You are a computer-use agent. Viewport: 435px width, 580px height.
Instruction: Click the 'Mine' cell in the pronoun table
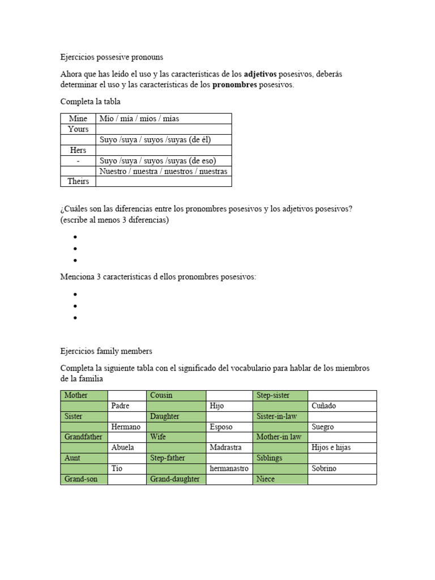(78, 118)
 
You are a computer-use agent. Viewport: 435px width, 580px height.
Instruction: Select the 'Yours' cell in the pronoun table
(78, 129)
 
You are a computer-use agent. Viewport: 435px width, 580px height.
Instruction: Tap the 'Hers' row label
(78, 150)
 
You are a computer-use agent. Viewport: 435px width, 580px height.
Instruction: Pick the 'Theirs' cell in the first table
(78, 182)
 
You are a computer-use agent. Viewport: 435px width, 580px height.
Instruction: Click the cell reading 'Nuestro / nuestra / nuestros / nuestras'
(163, 171)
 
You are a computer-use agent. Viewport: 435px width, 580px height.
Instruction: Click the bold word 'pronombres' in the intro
(234, 85)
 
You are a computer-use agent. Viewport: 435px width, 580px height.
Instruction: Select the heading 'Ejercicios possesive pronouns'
(112, 57)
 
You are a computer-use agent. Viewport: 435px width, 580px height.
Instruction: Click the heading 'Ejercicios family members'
(106, 351)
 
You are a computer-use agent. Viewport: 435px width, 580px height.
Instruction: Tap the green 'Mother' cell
(84, 395)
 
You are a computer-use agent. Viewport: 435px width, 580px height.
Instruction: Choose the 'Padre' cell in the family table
(127, 406)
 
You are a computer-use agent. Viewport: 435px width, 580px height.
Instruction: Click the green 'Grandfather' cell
(84, 437)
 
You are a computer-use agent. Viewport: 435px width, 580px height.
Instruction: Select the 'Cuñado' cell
(342, 406)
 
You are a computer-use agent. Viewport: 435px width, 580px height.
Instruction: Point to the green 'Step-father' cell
(176, 458)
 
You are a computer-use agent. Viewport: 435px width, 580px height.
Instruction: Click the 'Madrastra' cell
(229, 447)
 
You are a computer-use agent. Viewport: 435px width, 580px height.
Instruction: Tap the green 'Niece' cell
(280, 479)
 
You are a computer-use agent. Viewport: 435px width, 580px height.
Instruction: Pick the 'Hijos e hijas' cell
(342, 447)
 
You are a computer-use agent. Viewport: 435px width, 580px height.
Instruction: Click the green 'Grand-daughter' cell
(176, 479)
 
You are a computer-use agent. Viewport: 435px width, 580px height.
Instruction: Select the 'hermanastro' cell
(229, 468)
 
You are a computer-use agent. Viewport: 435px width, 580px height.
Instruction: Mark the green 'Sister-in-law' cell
(280, 416)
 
